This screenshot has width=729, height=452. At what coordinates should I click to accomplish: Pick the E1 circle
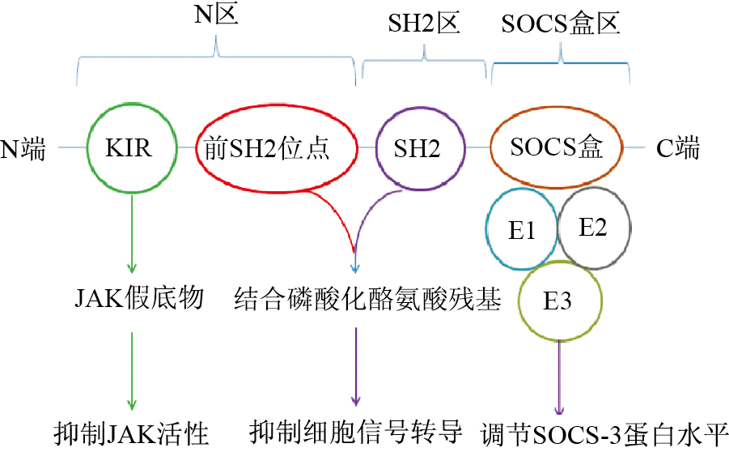pyautogui.click(x=522, y=230)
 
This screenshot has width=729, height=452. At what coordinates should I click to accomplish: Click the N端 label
pyautogui.click(x=24, y=149)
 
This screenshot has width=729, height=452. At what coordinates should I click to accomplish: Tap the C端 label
pyautogui.click(x=677, y=149)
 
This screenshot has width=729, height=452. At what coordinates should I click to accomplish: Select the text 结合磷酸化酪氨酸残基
pyautogui.click(x=368, y=300)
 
